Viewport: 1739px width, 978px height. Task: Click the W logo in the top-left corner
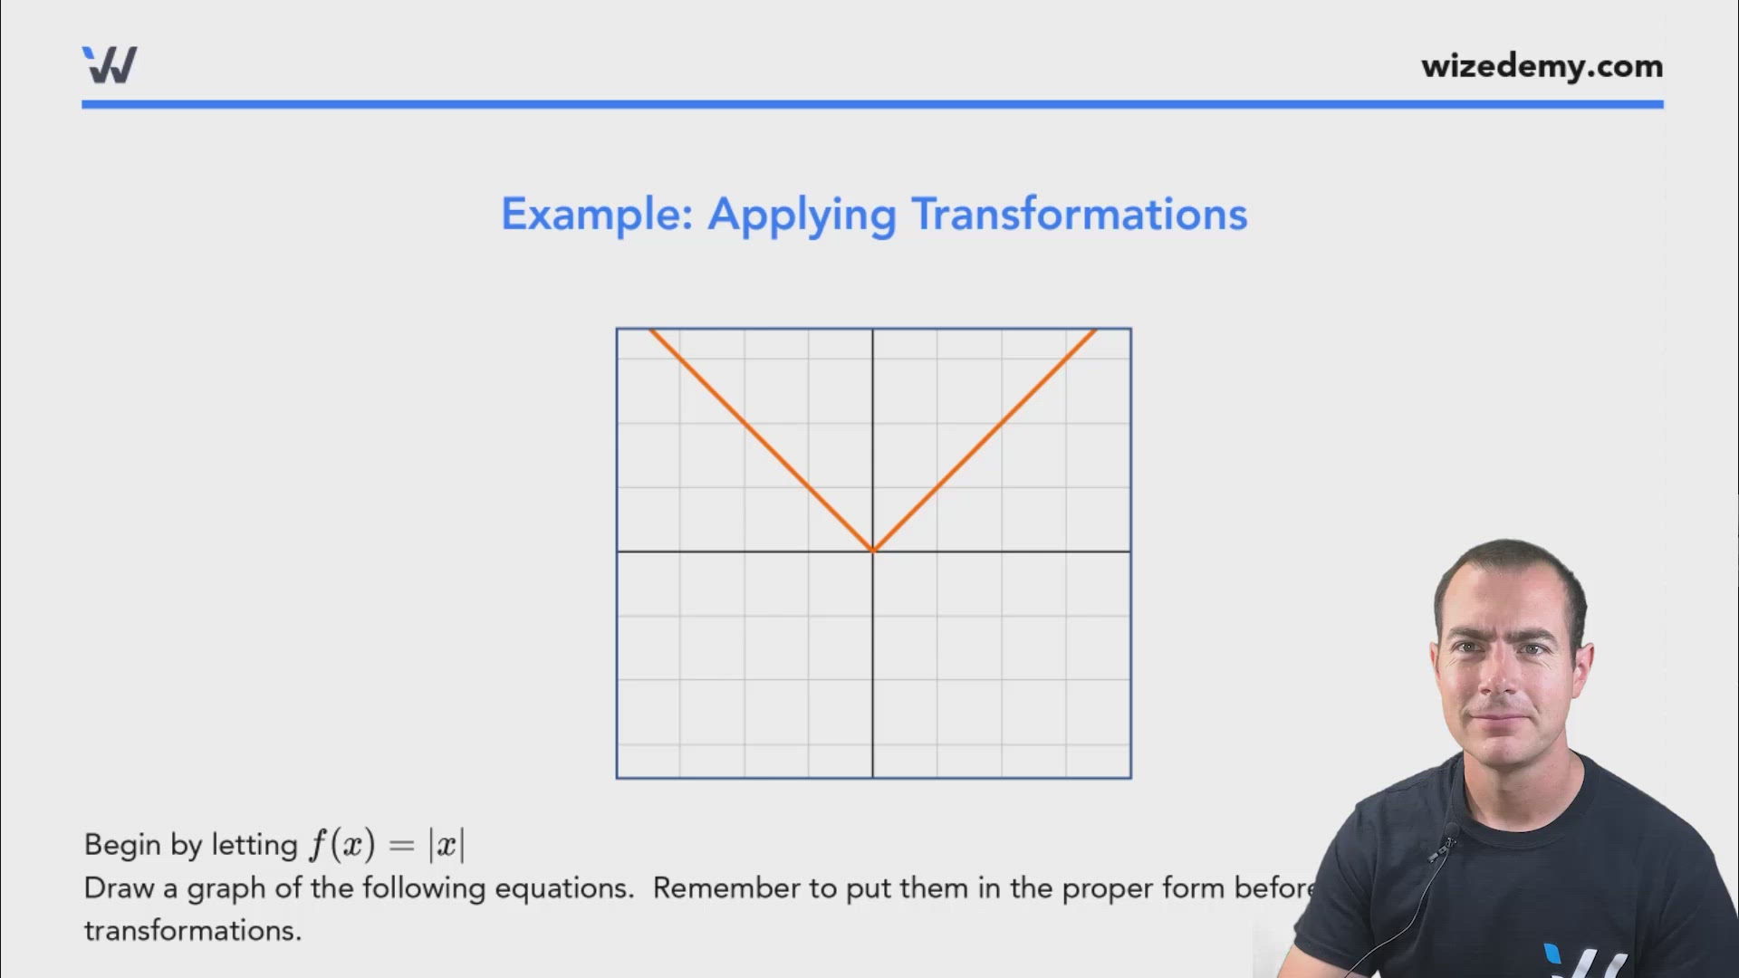110,65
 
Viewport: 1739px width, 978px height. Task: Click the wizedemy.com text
1542,67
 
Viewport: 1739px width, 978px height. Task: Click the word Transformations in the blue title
1079,216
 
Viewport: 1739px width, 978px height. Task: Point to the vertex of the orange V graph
873,551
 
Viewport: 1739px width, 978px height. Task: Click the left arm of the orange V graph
761,440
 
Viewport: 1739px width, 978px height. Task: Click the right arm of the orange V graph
985,440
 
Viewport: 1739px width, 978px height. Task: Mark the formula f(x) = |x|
387,845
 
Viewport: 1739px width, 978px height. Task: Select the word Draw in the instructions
119,888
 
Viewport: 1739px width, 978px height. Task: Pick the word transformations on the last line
192,931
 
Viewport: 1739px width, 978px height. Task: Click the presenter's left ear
1582,661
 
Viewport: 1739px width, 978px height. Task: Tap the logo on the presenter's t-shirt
1580,960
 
